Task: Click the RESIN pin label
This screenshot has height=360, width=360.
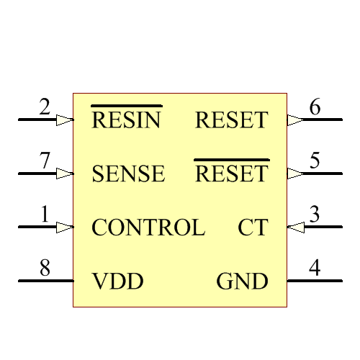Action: pos(126,120)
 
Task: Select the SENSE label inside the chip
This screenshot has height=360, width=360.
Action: pos(128,174)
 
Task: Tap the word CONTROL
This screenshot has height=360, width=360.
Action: pos(148,228)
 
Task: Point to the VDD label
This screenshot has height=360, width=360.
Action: pos(118,282)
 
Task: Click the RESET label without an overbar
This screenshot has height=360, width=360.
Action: pos(231,120)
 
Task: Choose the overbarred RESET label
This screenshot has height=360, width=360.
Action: pos(231,174)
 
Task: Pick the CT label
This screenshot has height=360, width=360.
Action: pos(253,228)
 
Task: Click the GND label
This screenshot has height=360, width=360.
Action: pos(243,282)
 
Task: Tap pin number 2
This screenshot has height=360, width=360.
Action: pos(45,108)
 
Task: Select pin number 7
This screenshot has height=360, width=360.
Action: pos(45,161)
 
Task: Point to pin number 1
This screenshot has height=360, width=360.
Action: pos(45,215)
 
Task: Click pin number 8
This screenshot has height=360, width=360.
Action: pos(45,269)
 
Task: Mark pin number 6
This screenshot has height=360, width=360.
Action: pos(315,108)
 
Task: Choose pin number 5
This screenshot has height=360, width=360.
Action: pos(315,161)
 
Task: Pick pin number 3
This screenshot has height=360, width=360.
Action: pos(315,215)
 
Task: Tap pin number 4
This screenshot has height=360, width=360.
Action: pos(315,269)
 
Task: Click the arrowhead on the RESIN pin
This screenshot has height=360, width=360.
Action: pos(65,120)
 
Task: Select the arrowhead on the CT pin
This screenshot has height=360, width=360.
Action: pos(295,228)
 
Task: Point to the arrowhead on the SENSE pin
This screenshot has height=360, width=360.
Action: pos(65,174)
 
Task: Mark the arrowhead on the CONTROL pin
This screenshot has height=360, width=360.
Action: pos(65,228)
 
